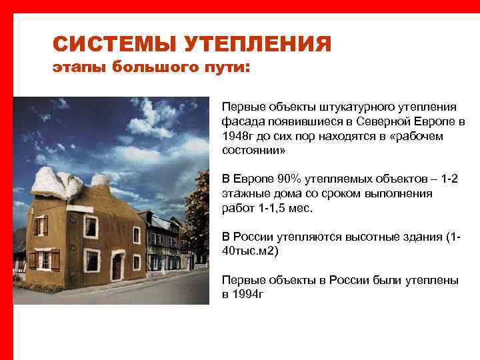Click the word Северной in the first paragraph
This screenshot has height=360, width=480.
(x=394, y=123)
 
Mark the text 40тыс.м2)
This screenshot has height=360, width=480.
(x=250, y=251)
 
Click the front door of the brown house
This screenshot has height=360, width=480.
(x=117, y=266)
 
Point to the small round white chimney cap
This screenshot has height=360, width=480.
(x=100, y=179)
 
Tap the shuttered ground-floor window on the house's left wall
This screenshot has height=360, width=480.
(x=44, y=258)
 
